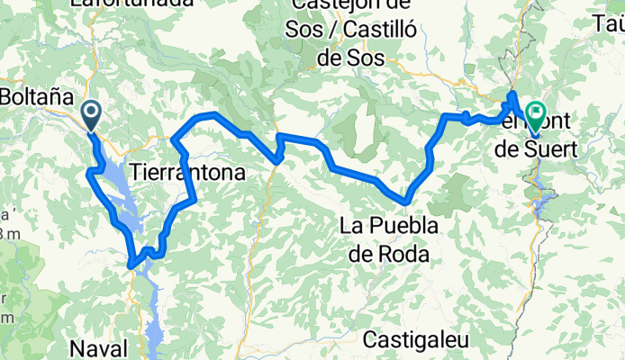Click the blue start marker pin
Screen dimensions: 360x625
click(x=92, y=115)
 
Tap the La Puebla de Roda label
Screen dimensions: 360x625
click(x=388, y=240)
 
